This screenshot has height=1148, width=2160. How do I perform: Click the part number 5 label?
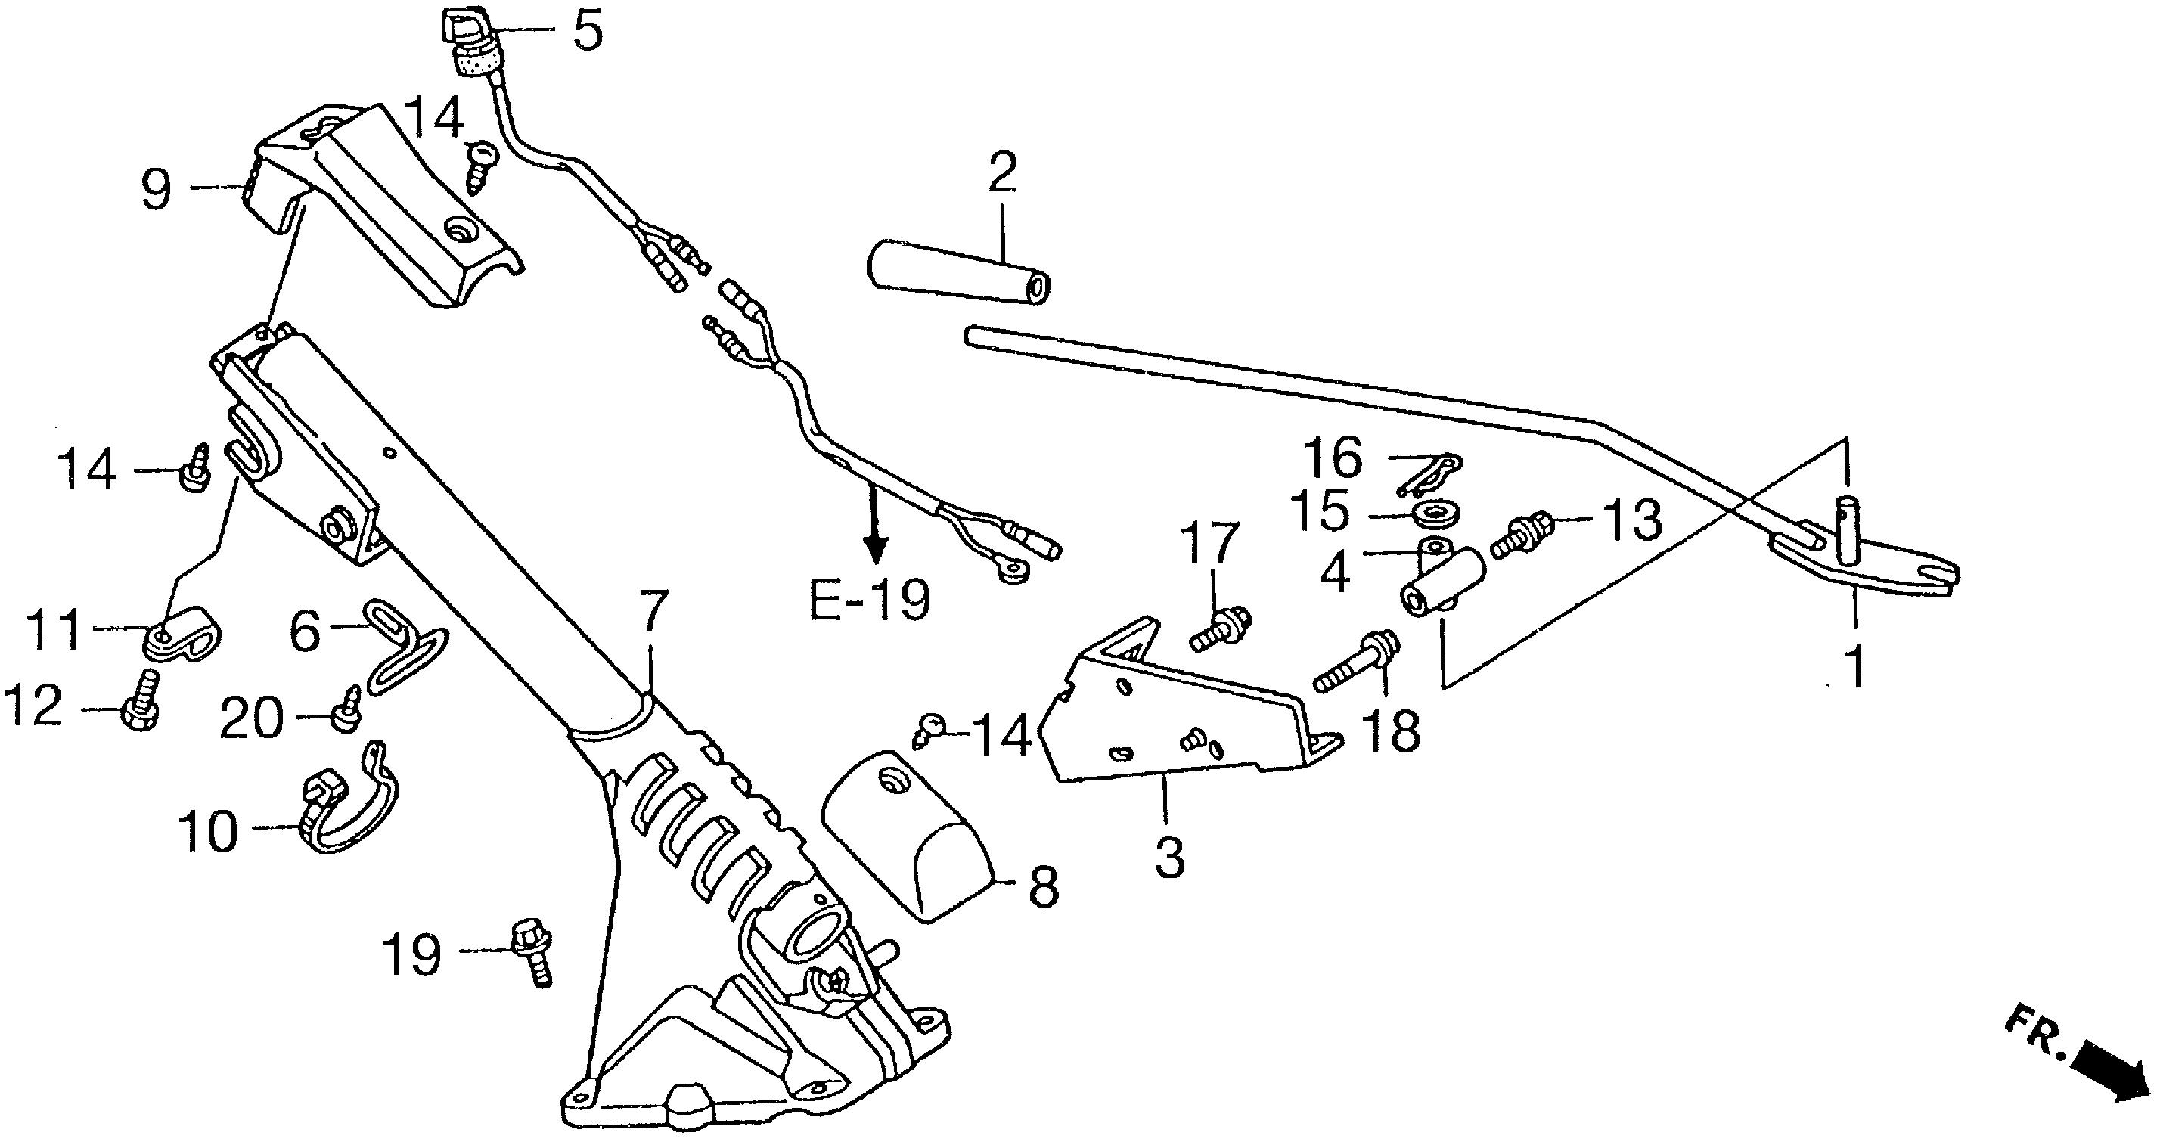tap(588, 33)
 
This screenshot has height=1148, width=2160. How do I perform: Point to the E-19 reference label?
tap(870, 600)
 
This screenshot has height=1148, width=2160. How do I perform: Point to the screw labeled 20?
tap(346, 709)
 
